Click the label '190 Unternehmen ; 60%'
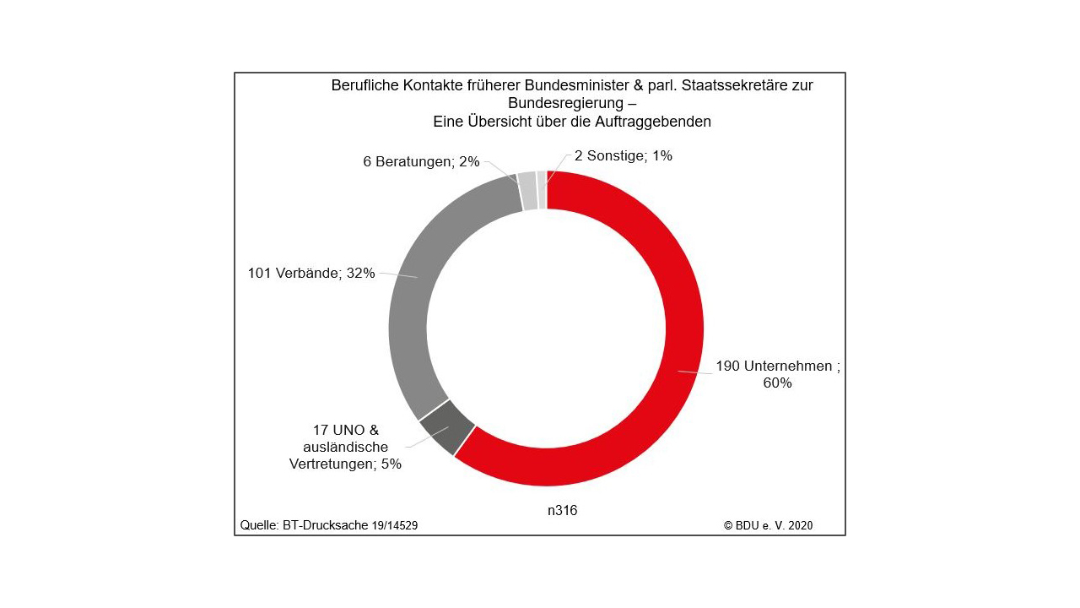coord(777,374)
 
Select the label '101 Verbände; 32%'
coord(310,273)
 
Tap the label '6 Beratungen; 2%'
coord(421,161)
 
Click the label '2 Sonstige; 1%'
coord(623,155)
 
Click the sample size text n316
coord(562,510)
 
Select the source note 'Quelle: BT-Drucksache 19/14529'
coord(329,525)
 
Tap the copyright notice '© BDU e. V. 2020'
coord(768,525)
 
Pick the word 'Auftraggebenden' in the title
coord(657,121)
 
